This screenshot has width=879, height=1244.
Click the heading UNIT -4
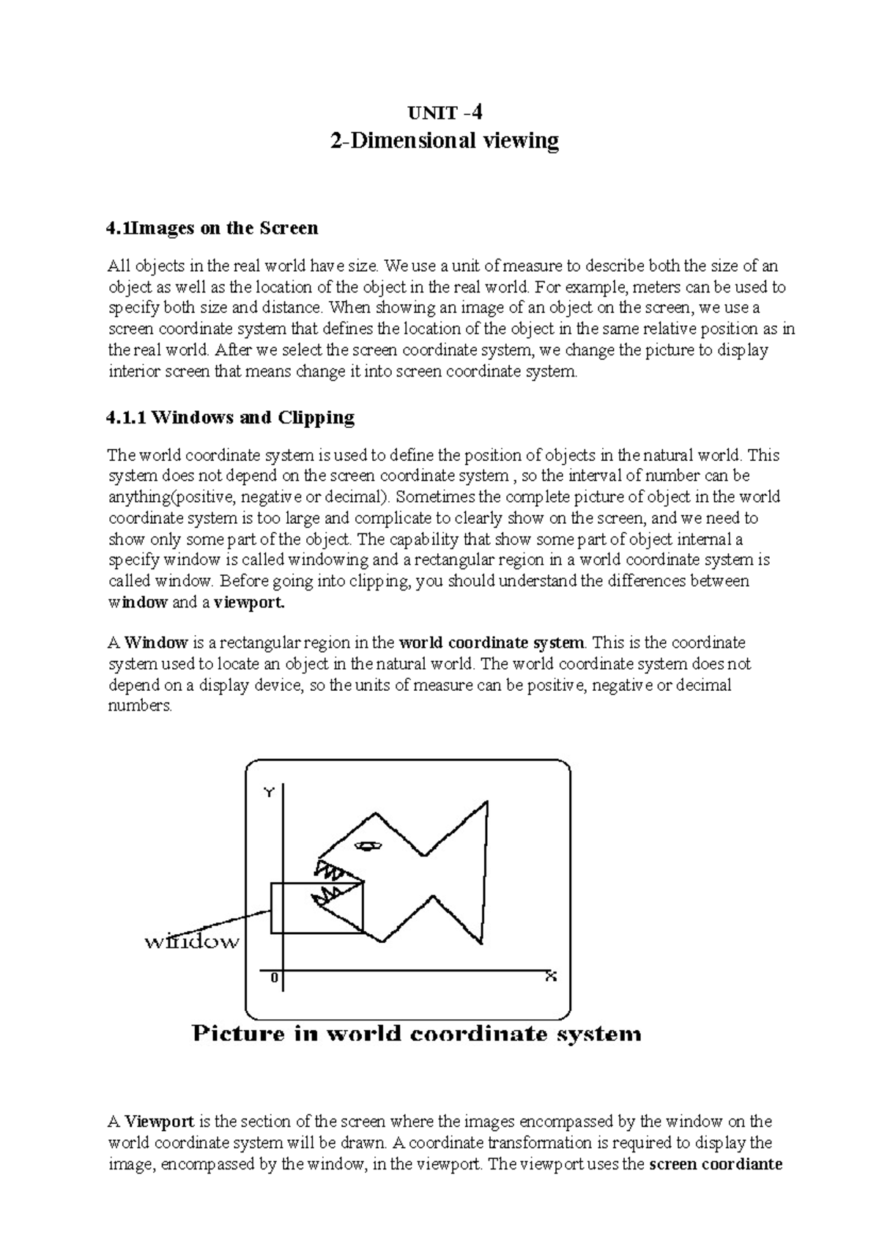(x=445, y=113)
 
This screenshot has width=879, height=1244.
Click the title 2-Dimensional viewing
(x=445, y=141)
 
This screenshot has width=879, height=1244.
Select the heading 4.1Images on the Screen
(x=212, y=228)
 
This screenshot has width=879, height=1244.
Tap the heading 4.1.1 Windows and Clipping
(x=230, y=418)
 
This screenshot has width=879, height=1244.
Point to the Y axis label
(x=270, y=793)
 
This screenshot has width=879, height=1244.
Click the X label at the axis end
(x=551, y=976)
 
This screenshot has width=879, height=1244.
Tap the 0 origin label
(x=274, y=978)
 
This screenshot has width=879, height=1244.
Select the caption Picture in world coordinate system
(x=416, y=1034)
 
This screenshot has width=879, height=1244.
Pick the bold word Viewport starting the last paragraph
(x=159, y=1122)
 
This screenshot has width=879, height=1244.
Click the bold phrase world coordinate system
(x=492, y=643)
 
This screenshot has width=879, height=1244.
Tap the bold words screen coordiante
(x=716, y=1164)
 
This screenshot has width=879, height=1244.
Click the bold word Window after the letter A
(x=156, y=643)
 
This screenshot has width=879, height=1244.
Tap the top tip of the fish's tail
(x=486, y=804)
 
